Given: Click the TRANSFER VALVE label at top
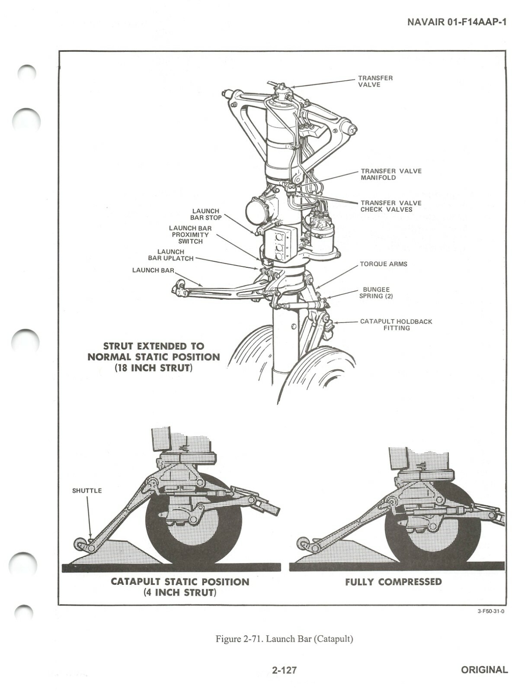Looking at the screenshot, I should pyautogui.click(x=375, y=81).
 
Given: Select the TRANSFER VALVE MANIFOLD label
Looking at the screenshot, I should pyautogui.click(x=391, y=174).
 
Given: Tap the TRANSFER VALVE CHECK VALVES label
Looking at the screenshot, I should pyautogui.click(x=391, y=206).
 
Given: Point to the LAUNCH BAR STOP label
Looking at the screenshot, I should pyautogui.click(x=206, y=214).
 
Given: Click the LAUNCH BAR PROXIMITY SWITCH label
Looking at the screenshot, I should pyautogui.click(x=190, y=235).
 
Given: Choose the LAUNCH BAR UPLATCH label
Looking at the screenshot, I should pyautogui.click(x=171, y=255).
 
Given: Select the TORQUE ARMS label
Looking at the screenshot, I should pyautogui.click(x=384, y=264).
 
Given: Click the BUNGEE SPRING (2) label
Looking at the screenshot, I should pyautogui.click(x=376, y=293).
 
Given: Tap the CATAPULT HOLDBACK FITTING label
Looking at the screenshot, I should pyautogui.click(x=396, y=325).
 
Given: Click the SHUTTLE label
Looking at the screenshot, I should pyautogui.click(x=87, y=491).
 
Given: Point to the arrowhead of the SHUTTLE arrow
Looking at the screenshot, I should pyautogui.click(x=90, y=538).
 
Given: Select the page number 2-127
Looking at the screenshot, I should pyautogui.click(x=285, y=670).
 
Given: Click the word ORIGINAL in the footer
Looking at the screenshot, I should pyautogui.click(x=484, y=670).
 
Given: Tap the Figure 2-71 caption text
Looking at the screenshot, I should pyautogui.click(x=284, y=639).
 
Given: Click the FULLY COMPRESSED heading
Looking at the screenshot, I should pyautogui.click(x=393, y=582).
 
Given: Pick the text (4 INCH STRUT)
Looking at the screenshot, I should pyautogui.click(x=180, y=592).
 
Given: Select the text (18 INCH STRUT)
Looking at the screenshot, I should pyautogui.click(x=154, y=368).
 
